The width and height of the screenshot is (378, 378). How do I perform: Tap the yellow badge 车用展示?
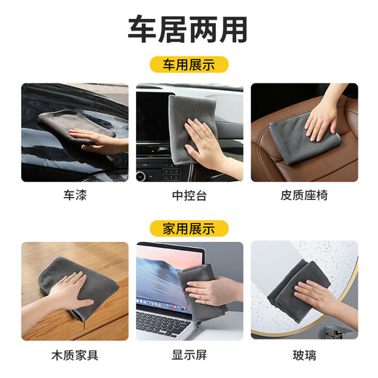tap(188, 65)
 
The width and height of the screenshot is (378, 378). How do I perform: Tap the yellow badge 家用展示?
tap(188, 228)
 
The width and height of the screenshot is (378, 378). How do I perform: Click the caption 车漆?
tap(75, 195)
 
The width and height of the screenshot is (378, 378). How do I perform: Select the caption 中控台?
tap(188, 195)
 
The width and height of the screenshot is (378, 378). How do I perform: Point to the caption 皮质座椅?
tap(303, 195)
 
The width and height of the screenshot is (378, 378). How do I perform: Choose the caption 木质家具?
tap(75, 355)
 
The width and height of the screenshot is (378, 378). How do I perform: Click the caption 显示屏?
tap(188, 355)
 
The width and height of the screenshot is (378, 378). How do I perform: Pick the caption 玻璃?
tap(303, 355)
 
